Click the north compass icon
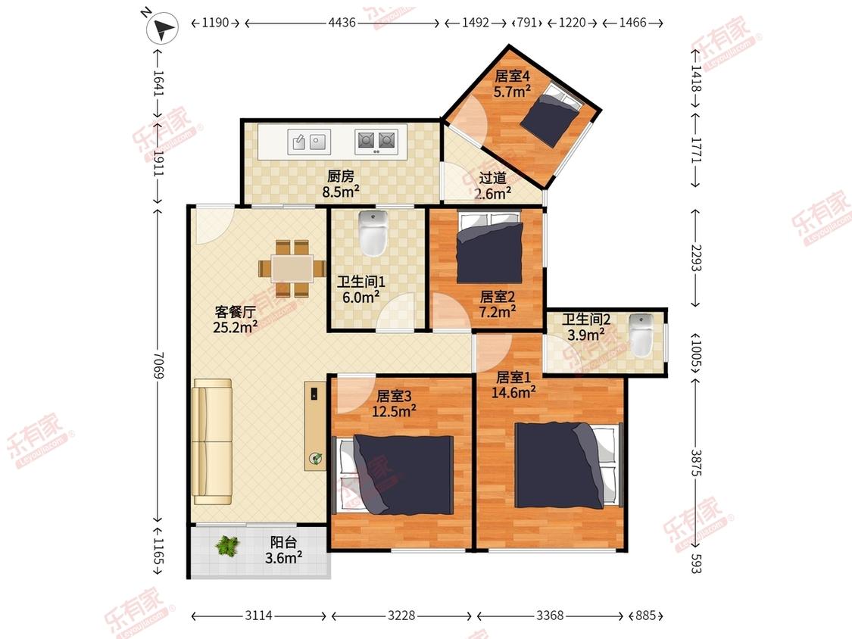pyautogui.click(x=162, y=28)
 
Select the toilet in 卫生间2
pyautogui.click(x=641, y=335)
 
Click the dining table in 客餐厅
pyautogui.click(x=292, y=269)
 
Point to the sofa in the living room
pyautogui.click(x=213, y=442)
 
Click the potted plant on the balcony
pyautogui.click(x=227, y=546)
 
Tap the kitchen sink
pyautogui.click(x=309, y=142)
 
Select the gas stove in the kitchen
pyautogui.click(x=376, y=141)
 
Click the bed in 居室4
pyautogui.click(x=551, y=114)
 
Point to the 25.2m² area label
pyautogui.click(x=235, y=327)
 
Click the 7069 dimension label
pyautogui.click(x=158, y=365)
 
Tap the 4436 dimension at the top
pyautogui.click(x=342, y=23)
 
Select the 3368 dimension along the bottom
pyautogui.click(x=550, y=615)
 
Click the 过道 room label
pyautogui.click(x=492, y=178)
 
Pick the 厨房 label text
pyautogui.click(x=341, y=176)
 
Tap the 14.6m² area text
pyautogui.click(x=513, y=391)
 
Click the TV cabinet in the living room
pyautogui.click(x=314, y=425)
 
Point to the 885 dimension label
pyautogui.click(x=645, y=615)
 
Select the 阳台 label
pyautogui.click(x=284, y=542)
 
